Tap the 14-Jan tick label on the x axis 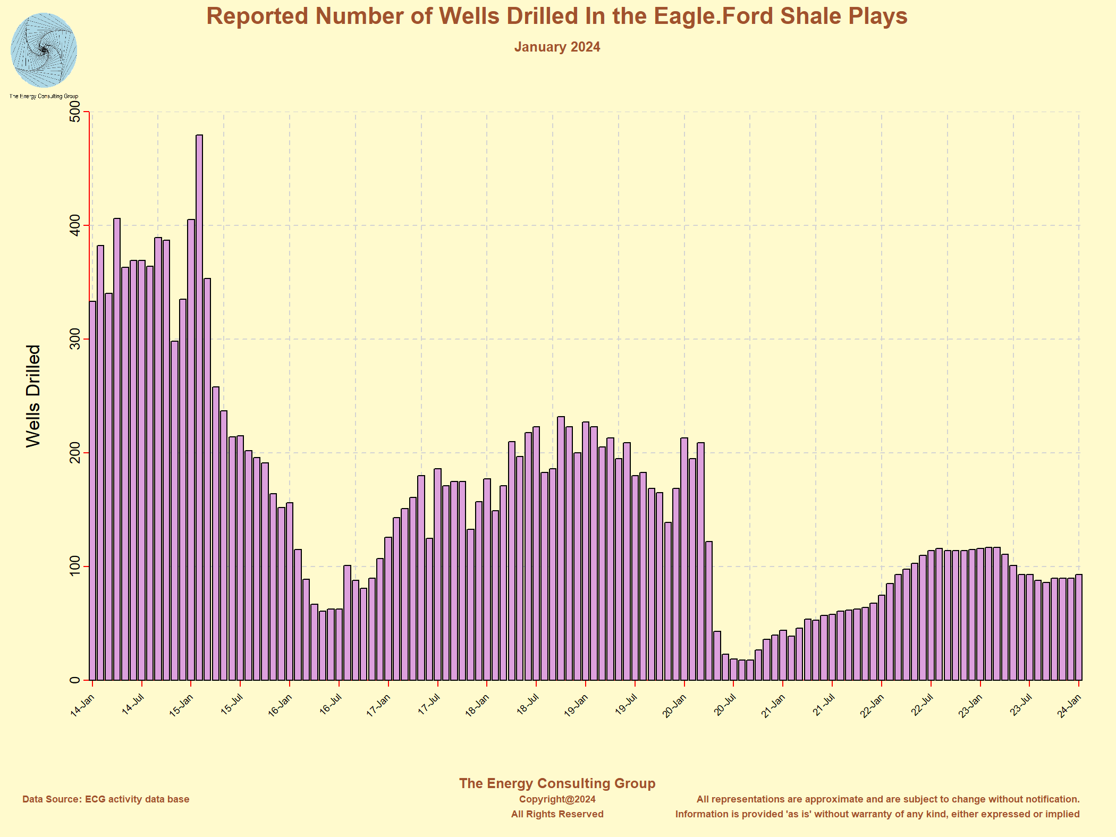[83, 706]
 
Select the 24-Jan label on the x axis [1069, 706]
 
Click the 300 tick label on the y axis [75, 339]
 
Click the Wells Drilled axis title [33, 396]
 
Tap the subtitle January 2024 [557, 47]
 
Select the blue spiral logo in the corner [44, 50]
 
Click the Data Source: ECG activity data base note [106, 799]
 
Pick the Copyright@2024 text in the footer [557, 799]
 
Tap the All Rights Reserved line [557, 814]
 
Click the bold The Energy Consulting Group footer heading [557, 783]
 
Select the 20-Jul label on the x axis [724, 706]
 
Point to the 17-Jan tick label [379, 706]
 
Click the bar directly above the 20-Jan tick [684, 558]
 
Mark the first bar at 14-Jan [92, 489]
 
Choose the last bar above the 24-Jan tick [1079, 627]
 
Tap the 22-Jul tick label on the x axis [921, 706]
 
